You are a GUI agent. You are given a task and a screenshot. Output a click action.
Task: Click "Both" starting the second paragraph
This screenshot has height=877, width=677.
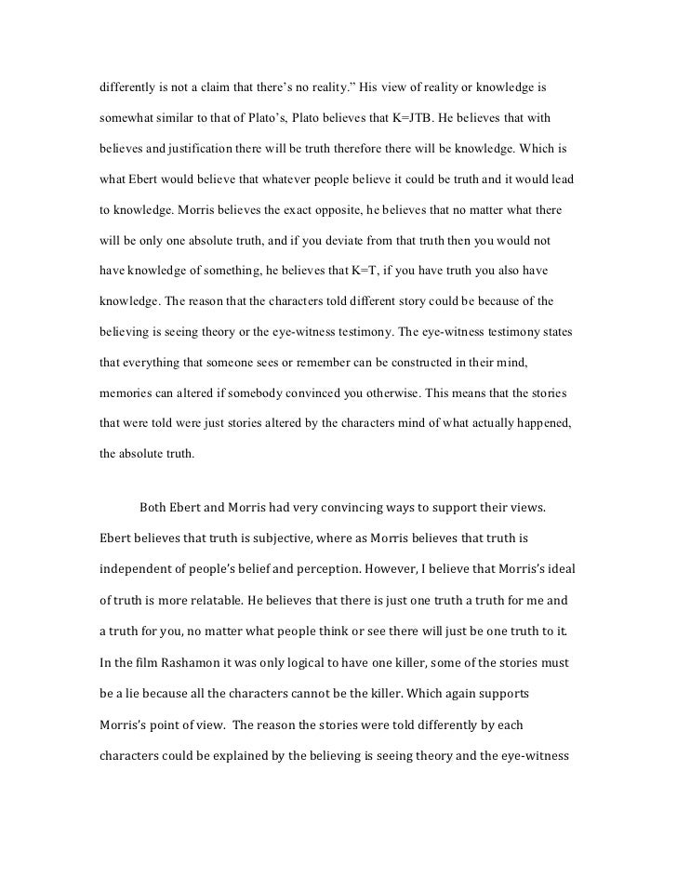(x=154, y=507)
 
